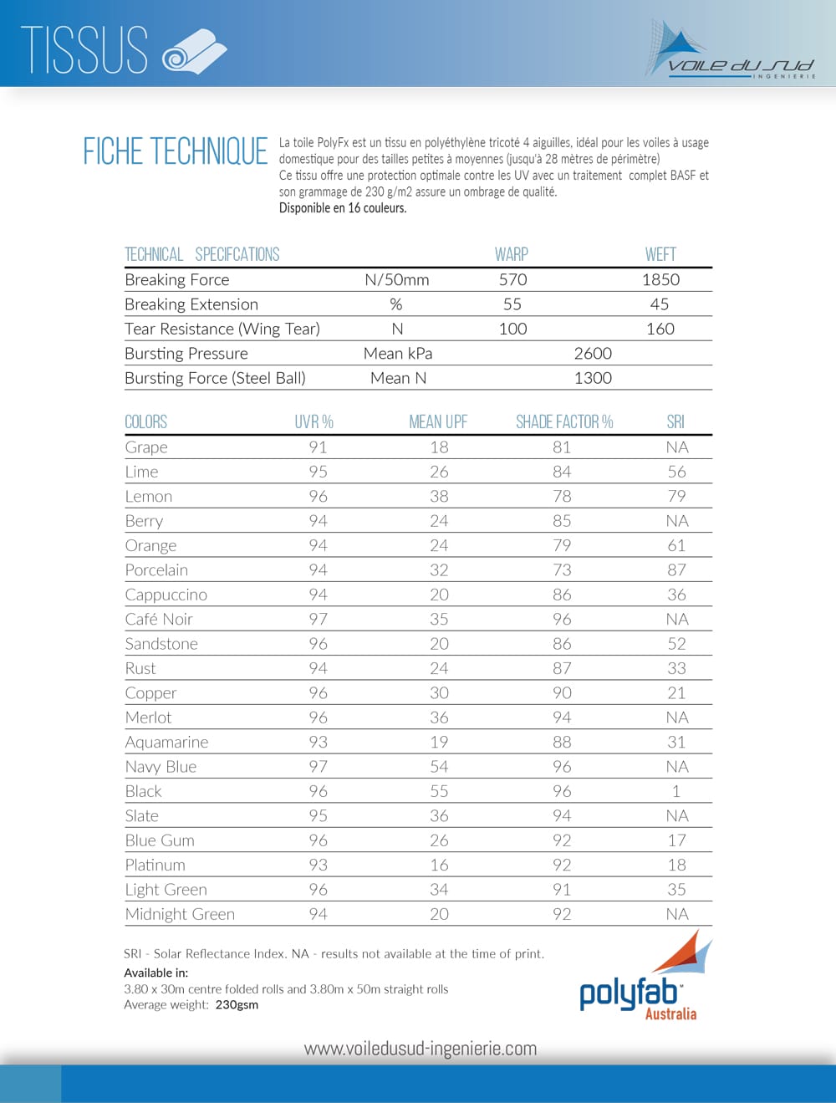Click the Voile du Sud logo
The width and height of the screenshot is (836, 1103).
point(729,52)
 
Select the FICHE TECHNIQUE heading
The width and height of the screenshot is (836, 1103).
point(176,151)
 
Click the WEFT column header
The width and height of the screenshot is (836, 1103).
point(660,254)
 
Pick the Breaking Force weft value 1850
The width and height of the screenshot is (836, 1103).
point(660,279)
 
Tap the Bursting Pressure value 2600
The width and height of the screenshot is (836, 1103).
point(593,353)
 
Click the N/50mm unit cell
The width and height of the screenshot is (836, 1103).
point(397,279)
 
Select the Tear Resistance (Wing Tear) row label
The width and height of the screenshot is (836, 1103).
point(222,329)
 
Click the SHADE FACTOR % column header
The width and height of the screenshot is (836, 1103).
point(564,421)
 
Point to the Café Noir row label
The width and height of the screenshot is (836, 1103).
point(159,619)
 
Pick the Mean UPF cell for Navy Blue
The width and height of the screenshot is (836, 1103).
point(439,766)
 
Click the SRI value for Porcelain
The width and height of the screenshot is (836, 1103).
point(676,569)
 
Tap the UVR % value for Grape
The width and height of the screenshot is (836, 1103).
point(318,447)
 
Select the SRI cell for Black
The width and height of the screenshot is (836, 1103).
point(676,791)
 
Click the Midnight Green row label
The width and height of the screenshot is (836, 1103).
point(180,914)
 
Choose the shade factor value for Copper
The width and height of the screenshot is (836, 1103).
point(562,692)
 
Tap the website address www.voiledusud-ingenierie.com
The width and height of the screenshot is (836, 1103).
point(421,1048)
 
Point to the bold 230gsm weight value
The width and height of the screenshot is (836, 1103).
point(237,1004)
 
